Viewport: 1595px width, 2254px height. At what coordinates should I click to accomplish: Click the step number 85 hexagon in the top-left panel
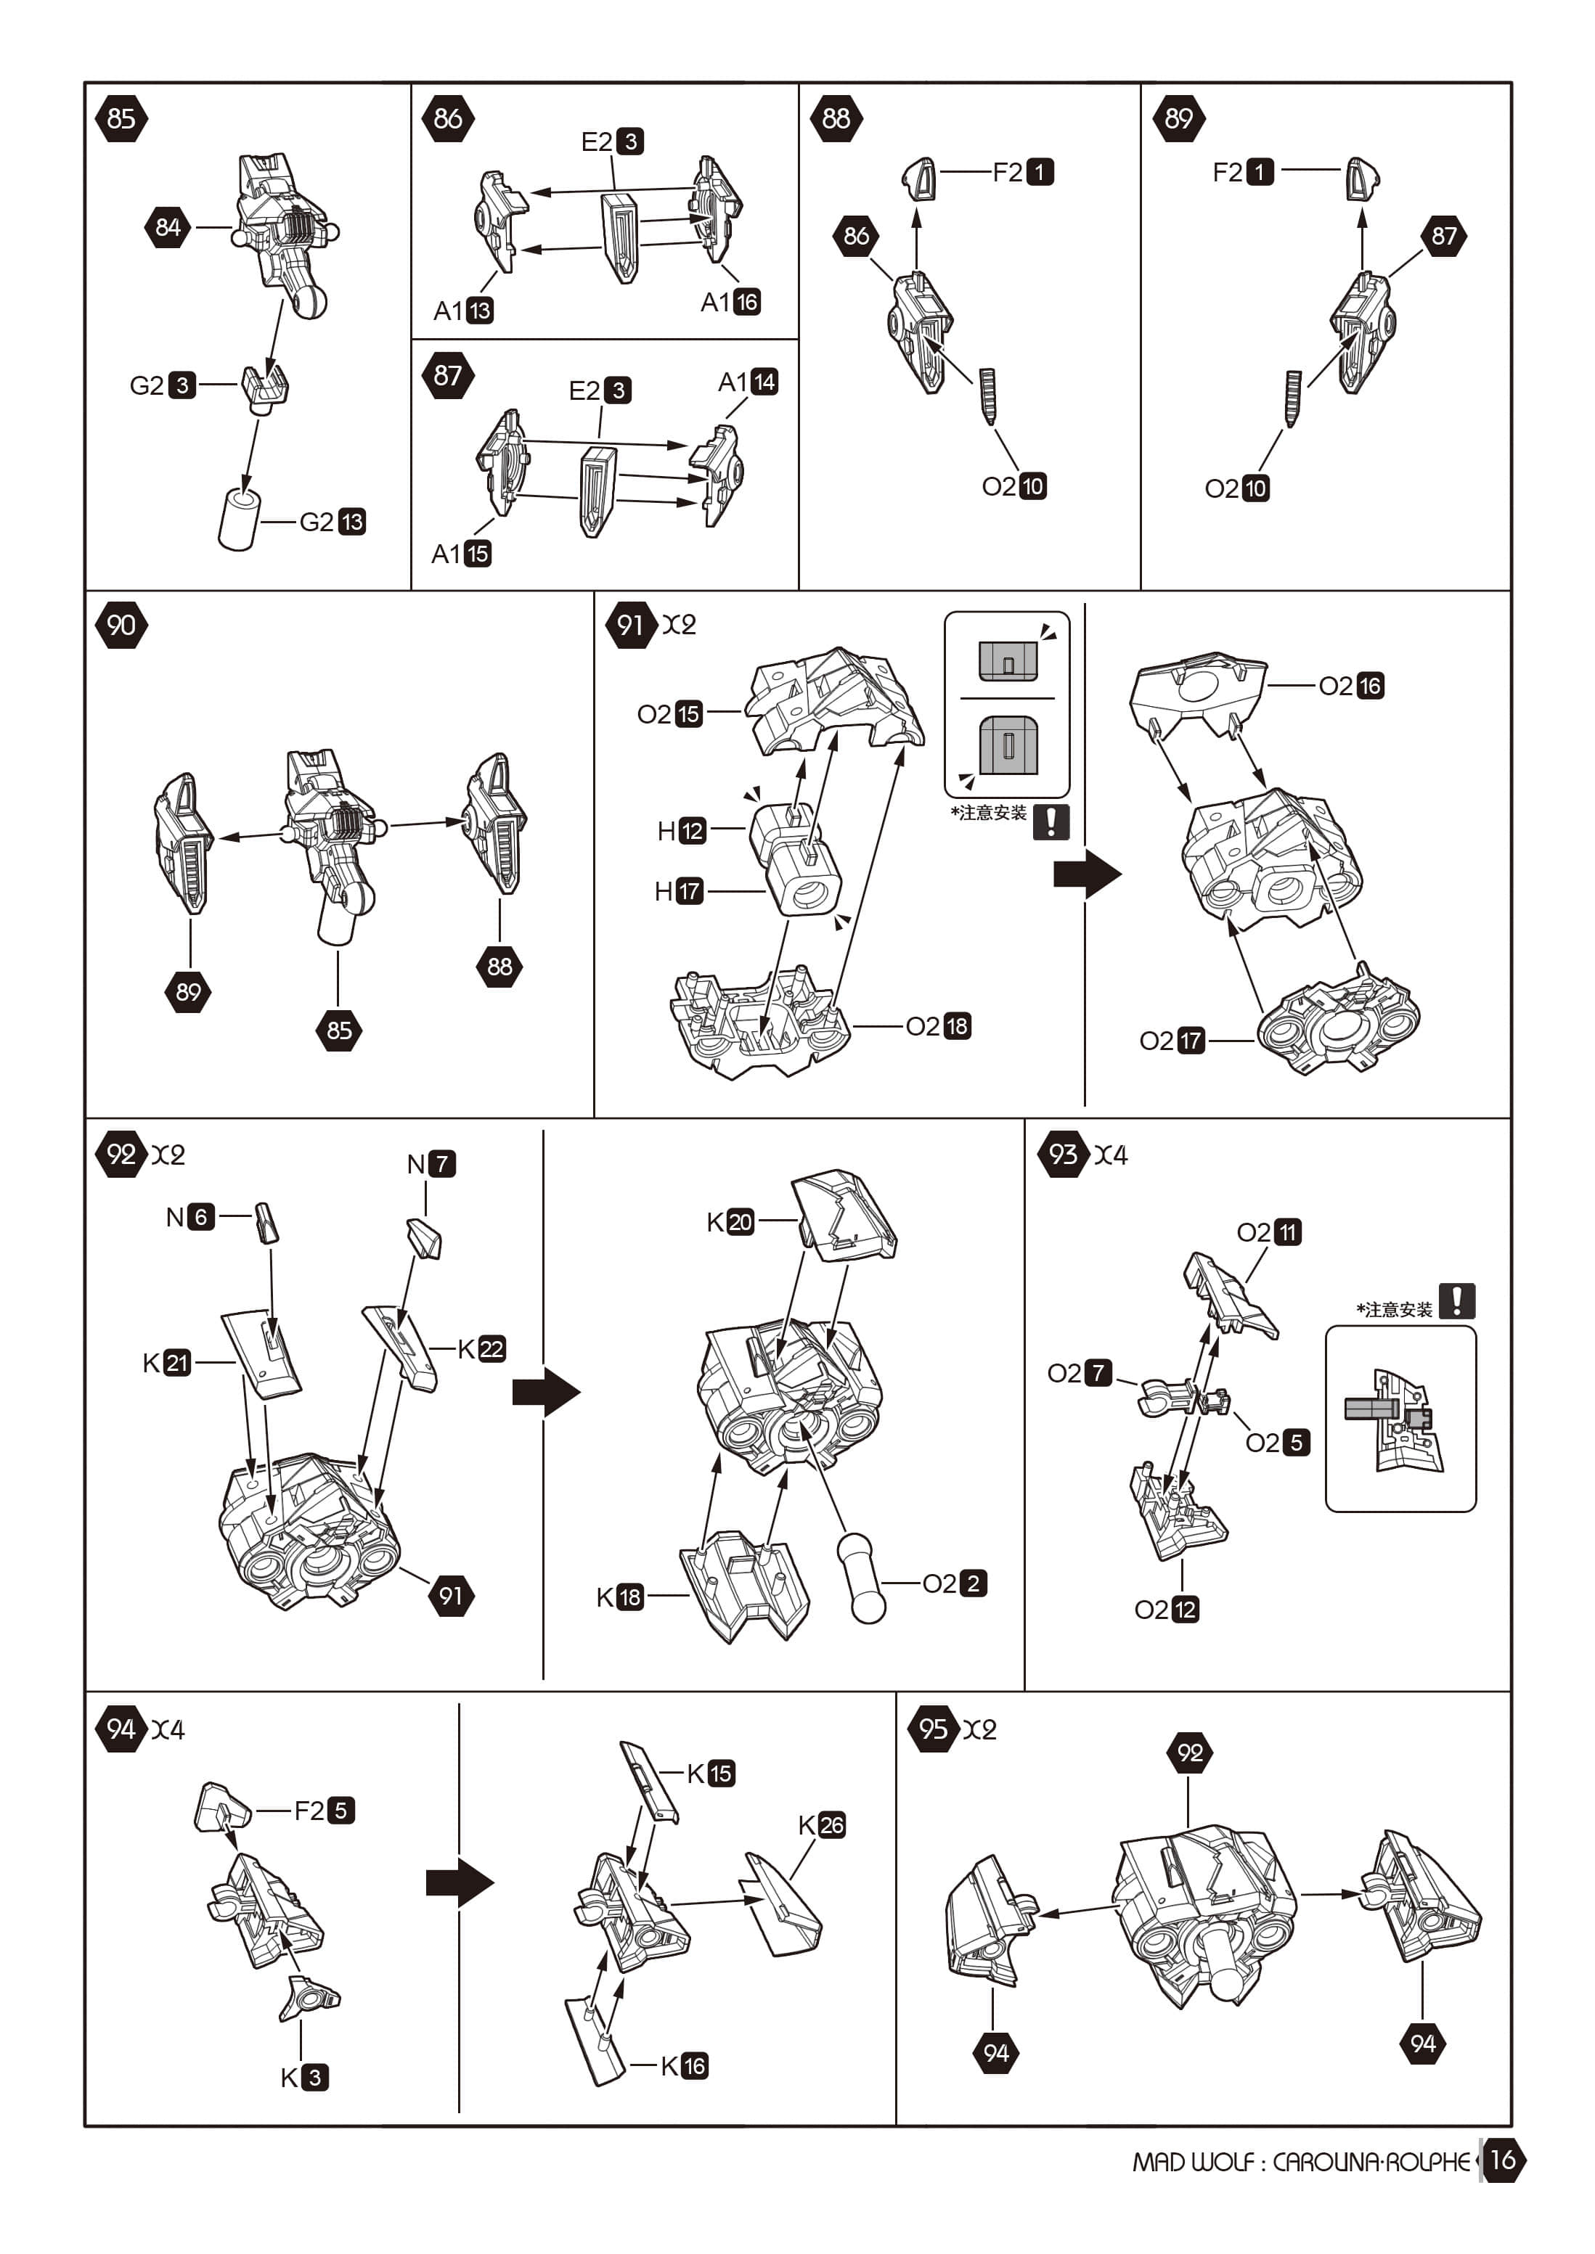click(x=121, y=119)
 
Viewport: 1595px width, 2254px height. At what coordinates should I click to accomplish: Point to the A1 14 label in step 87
click(x=748, y=382)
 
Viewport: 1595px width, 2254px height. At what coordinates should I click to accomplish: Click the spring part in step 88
click(x=988, y=396)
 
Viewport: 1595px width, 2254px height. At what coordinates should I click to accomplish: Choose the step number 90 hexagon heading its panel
click(x=121, y=626)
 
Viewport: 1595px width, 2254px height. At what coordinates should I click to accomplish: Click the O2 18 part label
click(x=938, y=1026)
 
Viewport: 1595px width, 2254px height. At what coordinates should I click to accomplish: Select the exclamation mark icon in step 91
click(x=1051, y=821)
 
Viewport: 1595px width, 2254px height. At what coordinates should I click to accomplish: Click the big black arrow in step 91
click(x=1086, y=873)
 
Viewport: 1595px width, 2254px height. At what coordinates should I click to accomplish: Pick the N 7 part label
click(x=431, y=1163)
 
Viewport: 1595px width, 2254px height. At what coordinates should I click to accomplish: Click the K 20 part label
click(x=730, y=1221)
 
